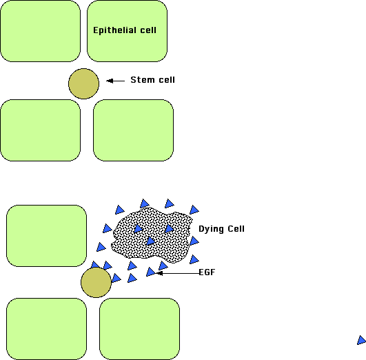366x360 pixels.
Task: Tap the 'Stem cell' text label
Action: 152,80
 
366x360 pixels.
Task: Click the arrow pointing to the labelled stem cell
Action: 115,81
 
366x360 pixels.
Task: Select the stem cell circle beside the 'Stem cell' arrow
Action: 83,83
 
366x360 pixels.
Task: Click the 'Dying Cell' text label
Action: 221,229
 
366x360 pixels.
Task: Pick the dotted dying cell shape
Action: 152,235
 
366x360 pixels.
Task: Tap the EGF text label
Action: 207,272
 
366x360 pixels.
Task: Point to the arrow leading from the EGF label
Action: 177,273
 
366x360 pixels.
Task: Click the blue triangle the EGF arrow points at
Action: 150,272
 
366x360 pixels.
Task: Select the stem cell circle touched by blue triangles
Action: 96,283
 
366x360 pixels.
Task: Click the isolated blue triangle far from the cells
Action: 361,340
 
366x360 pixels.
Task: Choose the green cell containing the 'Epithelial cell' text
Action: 127,31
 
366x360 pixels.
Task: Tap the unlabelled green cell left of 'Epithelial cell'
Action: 41,31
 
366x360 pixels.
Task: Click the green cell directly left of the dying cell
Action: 46,236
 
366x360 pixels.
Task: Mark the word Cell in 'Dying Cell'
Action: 236,228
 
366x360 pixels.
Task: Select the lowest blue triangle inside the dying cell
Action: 150,241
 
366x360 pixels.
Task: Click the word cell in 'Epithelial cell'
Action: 148,30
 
